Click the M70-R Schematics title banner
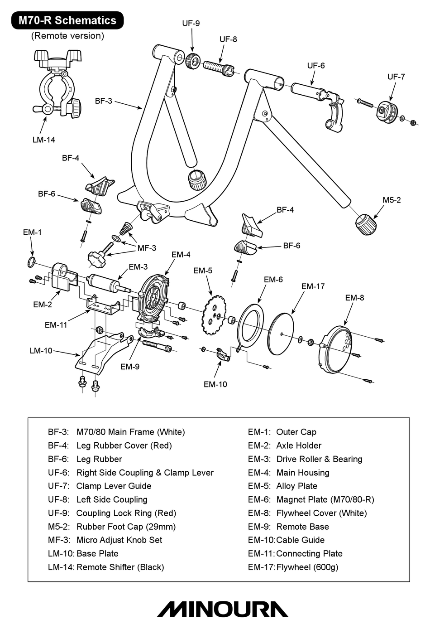tap(67, 20)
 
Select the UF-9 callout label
tap(191, 23)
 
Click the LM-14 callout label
tap(43, 140)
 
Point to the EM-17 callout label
tap(313, 286)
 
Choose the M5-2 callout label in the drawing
tap(392, 200)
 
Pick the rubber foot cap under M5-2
tap(366, 224)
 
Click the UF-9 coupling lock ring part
tap(193, 61)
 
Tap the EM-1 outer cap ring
tap(31, 261)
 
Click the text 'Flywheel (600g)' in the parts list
tap(307, 567)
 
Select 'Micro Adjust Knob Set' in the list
tap(119, 540)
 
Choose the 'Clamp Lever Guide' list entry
tap(114, 486)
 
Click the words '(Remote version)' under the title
tap(67, 36)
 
